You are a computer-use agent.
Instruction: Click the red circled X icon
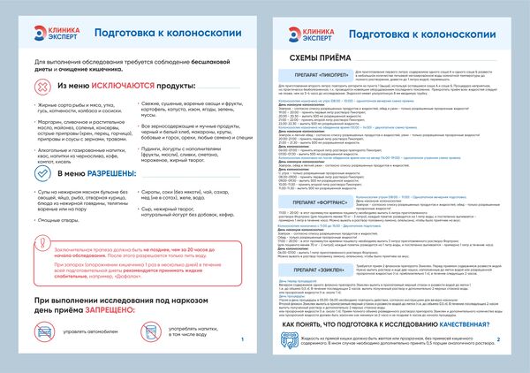click(36, 89)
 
